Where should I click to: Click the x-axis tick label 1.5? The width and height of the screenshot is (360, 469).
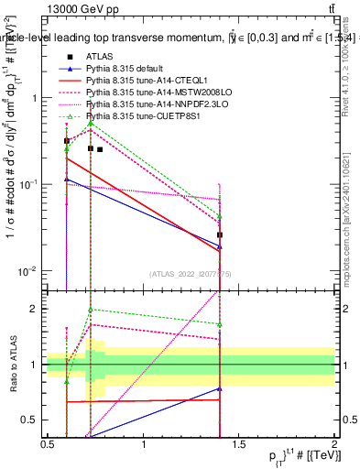[238, 444]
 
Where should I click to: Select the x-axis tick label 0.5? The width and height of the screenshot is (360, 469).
[48, 444]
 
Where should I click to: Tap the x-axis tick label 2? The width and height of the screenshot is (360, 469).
[334, 444]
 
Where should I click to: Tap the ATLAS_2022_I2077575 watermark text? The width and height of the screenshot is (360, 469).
[191, 273]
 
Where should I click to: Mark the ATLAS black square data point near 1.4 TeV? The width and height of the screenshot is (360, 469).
[220, 235]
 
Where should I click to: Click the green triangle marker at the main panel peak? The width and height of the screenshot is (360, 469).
[91, 122]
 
